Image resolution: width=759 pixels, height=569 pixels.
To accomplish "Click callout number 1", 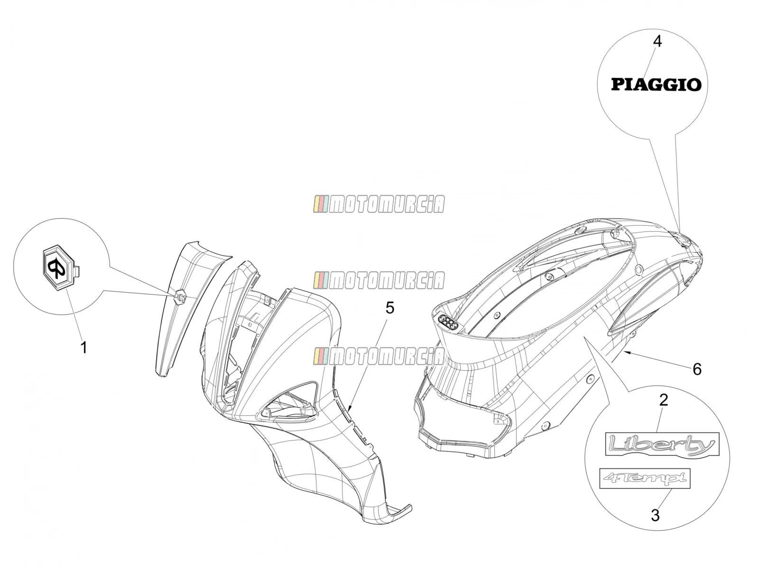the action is pos(83,347).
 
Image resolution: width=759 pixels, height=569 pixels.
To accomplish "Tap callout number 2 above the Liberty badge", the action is pos(663,400).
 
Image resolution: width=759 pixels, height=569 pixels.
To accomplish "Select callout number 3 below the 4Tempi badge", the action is pos(655,515).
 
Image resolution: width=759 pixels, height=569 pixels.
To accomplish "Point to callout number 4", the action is pos(657,41).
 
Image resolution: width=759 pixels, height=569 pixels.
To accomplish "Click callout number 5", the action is pos(390,308).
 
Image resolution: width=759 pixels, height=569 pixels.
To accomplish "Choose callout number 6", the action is pos(697,369).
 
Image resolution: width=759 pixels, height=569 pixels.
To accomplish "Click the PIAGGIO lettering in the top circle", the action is pos(656,85).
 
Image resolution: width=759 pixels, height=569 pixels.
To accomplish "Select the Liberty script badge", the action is pos(662,444).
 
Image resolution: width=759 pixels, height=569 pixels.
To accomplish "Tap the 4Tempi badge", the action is pos(645,478).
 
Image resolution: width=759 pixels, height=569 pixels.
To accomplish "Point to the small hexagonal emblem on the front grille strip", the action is pos(181,296).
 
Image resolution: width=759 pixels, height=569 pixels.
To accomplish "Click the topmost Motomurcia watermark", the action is pos(379,204).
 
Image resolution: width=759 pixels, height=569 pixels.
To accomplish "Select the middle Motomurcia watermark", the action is pos(379,280).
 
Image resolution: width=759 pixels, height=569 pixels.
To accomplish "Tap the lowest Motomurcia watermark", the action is pos(379,356).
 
